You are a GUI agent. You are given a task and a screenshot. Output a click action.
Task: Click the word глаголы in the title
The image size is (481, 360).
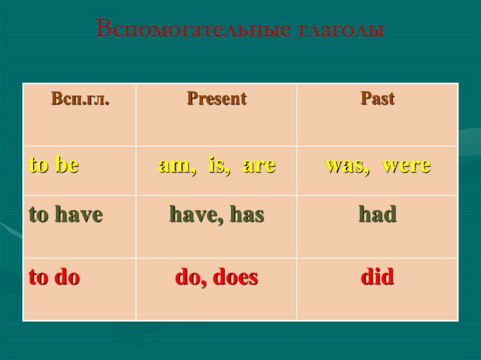[x=341, y=30]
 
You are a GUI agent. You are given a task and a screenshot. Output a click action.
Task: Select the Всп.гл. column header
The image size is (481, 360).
[x=80, y=99]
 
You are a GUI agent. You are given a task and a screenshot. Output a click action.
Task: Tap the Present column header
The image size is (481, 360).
[x=217, y=99]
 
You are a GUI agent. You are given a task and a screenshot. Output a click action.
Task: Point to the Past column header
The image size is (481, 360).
[x=377, y=99]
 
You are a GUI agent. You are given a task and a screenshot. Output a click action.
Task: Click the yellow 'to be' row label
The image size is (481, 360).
[x=54, y=164]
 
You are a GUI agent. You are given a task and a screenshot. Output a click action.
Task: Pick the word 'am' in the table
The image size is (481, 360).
[x=177, y=166]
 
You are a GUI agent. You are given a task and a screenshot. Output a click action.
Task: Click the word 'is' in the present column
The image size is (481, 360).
[x=219, y=165]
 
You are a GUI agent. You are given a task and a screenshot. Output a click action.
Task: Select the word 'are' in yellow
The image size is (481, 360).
[x=259, y=166]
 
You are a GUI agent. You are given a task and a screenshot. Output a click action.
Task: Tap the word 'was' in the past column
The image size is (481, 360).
[x=347, y=166]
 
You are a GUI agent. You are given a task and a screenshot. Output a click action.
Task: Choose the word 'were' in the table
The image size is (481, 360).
[x=406, y=166]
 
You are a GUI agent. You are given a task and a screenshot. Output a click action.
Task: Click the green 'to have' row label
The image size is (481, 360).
[x=66, y=214]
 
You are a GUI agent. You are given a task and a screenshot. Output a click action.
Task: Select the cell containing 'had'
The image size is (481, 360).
[x=377, y=227]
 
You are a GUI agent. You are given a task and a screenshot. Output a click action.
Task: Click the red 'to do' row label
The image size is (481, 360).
[x=54, y=276]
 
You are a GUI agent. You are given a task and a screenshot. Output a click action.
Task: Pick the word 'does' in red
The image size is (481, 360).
[x=235, y=276]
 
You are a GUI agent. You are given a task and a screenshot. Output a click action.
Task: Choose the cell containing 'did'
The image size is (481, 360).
[x=377, y=289]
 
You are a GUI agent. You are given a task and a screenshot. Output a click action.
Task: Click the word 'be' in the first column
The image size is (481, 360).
[x=67, y=164]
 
